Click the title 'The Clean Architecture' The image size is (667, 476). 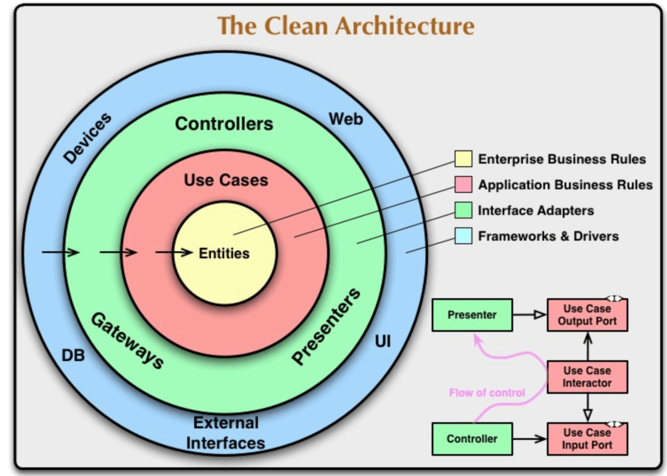346,26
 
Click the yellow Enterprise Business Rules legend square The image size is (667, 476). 463,159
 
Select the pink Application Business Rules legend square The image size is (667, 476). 463,184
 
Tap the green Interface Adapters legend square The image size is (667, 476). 463,210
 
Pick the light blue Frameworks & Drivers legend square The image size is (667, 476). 463,236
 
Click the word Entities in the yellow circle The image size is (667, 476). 224,253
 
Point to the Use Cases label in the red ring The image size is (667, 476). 226,180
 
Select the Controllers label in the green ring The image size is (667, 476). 224,124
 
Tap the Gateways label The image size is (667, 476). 128,341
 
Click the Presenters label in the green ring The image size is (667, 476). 326,326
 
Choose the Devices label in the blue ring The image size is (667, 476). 87,138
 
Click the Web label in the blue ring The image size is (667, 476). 346,119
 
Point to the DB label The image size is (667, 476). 73,355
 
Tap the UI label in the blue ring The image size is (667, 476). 383,341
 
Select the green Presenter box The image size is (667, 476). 472,315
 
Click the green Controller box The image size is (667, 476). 472,439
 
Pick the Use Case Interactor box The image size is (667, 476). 587,377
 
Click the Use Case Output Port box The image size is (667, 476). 587,315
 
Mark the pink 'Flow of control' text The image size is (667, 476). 487,393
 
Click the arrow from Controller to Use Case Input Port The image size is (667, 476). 530,439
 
